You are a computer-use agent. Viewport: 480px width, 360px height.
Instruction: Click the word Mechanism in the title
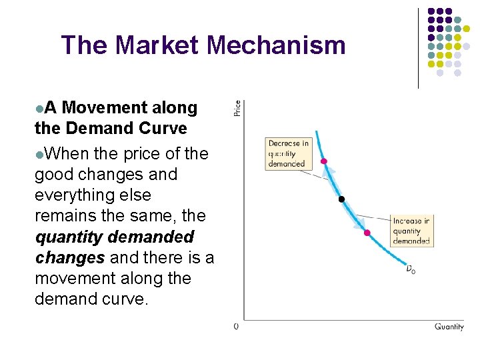[276, 45]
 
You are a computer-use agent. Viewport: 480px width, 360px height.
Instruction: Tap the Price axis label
[237, 108]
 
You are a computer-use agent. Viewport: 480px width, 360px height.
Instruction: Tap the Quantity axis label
[449, 327]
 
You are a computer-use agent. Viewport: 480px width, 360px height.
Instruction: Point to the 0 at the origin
[236, 327]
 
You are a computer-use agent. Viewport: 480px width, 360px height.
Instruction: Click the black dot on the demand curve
[341, 199]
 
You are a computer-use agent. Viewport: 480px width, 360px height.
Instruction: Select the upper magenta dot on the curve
[324, 161]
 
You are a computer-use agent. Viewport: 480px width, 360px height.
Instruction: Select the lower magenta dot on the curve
[367, 232]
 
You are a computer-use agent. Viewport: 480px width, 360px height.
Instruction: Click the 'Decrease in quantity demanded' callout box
[288, 153]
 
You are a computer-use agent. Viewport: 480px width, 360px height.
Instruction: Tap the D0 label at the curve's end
[410, 269]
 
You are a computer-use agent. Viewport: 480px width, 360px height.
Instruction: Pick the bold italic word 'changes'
[69, 257]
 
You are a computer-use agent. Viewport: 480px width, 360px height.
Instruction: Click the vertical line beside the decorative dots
[418, 48]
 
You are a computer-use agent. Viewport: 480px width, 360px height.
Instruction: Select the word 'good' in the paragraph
[54, 175]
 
